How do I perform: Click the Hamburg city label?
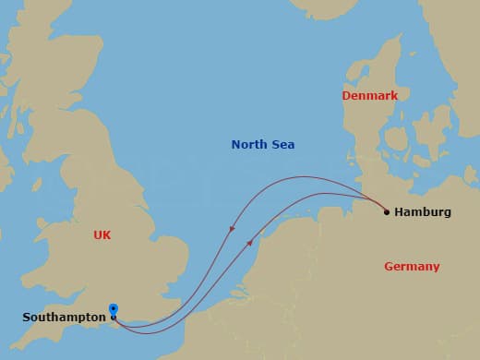click(422, 212)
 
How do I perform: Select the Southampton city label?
click(63, 318)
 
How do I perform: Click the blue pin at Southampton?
click(113, 310)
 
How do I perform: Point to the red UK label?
click(102, 235)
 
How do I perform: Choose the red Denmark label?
click(369, 95)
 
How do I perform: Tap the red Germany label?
click(412, 267)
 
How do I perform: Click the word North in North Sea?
click(250, 145)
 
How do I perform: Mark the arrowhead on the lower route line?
click(250, 243)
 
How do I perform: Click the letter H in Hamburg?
click(399, 212)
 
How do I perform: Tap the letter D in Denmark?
click(346, 95)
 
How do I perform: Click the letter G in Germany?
click(389, 267)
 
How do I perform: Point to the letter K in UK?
click(107, 235)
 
